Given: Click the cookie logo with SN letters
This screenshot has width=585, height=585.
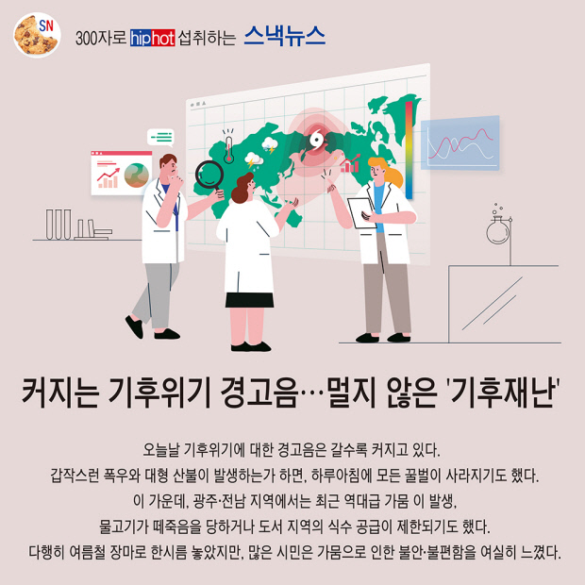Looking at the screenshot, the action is (37, 35).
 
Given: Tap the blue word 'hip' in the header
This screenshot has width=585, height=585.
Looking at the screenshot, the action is (141, 39).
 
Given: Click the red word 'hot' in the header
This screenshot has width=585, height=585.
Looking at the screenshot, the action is (163, 39).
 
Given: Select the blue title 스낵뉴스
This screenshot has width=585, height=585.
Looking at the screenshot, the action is (285, 36).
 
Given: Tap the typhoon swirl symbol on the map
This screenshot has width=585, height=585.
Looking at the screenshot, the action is (317, 140).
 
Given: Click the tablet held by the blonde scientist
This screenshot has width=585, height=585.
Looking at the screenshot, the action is (361, 212).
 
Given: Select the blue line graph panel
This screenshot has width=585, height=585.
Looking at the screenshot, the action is (460, 142).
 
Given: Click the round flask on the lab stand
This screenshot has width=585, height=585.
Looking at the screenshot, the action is (497, 230).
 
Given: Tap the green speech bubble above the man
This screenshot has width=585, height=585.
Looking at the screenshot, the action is (160, 138).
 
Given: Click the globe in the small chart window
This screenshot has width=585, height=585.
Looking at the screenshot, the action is (136, 175).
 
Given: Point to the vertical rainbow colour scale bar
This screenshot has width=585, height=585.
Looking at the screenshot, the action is (409, 150).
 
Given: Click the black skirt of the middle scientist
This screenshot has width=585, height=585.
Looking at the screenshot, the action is (249, 300).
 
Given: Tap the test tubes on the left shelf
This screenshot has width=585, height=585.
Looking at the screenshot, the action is (58, 224).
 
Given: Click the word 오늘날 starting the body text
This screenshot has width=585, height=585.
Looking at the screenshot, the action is (161, 450).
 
